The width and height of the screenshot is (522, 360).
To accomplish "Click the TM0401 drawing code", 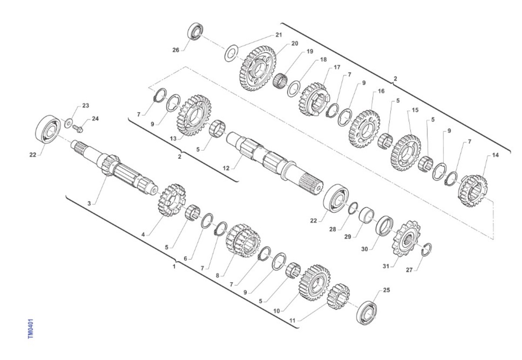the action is point(31,329).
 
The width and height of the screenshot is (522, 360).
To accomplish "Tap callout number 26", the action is point(176,50).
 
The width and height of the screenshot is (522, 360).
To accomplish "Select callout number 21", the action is point(279,35).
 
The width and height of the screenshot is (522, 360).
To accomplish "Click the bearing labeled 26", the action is point(195,31).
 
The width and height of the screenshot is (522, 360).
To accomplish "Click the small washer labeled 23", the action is point(69,123).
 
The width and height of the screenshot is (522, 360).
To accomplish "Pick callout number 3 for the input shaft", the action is point(89,203).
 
